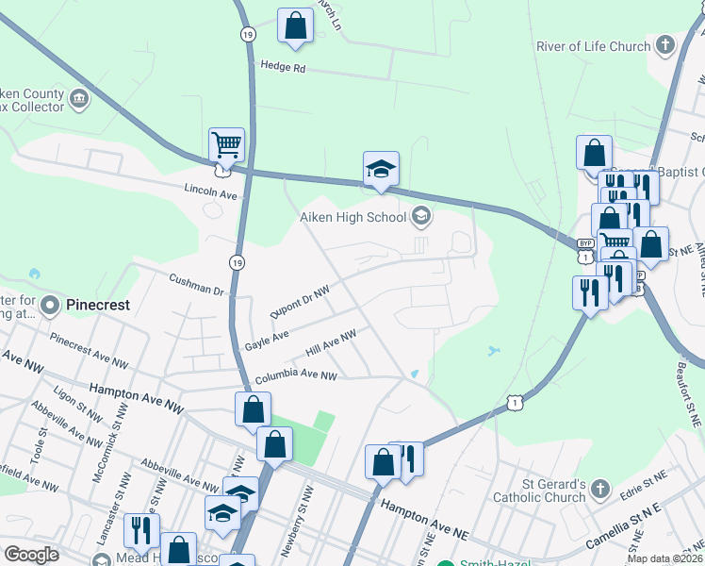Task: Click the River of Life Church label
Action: (593, 46)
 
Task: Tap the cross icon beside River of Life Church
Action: (665, 45)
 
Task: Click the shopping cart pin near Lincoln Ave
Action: (226, 146)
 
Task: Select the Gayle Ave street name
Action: (267, 337)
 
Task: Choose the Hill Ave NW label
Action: (331, 343)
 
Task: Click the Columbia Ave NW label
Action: (295, 376)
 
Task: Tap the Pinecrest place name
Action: (97, 306)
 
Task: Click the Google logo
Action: (31, 555)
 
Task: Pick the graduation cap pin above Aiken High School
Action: (381, 170)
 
